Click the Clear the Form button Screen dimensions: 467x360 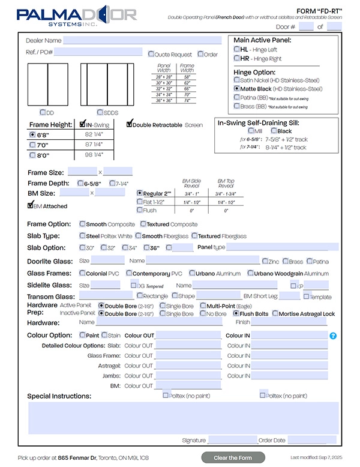click(x=233, y=458)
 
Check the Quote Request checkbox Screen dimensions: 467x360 click(x=151, y=54)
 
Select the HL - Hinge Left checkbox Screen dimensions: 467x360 click(x=237, y=49)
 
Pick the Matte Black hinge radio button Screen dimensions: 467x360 click(x=237, y=88)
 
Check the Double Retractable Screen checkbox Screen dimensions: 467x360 click(x=129, y=125)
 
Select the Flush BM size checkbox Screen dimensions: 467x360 click(x=140, y=210)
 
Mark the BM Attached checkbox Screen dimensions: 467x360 click(x=31, y=205)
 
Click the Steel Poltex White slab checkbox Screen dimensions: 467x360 click(x=83, y=236)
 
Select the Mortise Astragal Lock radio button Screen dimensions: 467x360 click(x=275, y=313)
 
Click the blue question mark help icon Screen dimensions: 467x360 click(x=333, y=336)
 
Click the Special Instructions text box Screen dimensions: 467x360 click(x=184, y=418)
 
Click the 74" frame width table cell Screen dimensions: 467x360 click(x=187, y=100)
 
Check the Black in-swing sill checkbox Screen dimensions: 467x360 click(x=274, y=131)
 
